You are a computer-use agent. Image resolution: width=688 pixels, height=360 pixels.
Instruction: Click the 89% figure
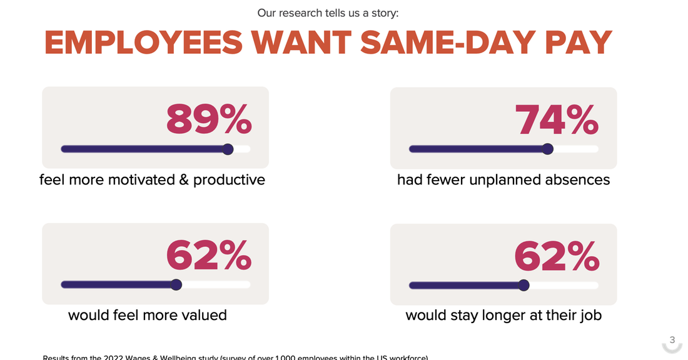click(x=209, y=119)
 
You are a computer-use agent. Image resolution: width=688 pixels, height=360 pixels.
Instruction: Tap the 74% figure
click(x=557, y=119)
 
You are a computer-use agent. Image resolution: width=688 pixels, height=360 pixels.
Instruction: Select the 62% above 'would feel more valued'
click(x=209, y=255)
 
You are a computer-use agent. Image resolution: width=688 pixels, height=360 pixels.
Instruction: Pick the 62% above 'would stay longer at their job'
click(x=557, y=256)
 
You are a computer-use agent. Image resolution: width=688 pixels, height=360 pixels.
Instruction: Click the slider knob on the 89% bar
click(x=228, y=149)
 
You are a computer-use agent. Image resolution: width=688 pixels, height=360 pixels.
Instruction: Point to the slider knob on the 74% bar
click(x=548, y=149)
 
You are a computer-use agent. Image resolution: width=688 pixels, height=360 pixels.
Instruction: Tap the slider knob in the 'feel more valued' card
click(x=176, y=285)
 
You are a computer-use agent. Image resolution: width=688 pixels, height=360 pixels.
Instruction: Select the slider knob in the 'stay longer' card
click(x=524, y=286)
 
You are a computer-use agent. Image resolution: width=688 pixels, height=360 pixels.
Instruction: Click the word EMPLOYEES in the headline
click(x=143, y=42)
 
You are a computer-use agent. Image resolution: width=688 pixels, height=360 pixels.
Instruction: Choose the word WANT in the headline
click(x=302, y=42)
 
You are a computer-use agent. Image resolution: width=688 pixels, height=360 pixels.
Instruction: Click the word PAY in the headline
click(x=579, y=42)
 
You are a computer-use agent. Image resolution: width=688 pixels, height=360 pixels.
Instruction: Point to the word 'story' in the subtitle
click(x=383, y=12)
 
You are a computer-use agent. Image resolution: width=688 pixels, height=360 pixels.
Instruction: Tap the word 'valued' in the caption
click(x=205, y=315)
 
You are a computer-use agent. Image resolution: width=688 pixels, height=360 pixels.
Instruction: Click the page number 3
click(x=672, y=340)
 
